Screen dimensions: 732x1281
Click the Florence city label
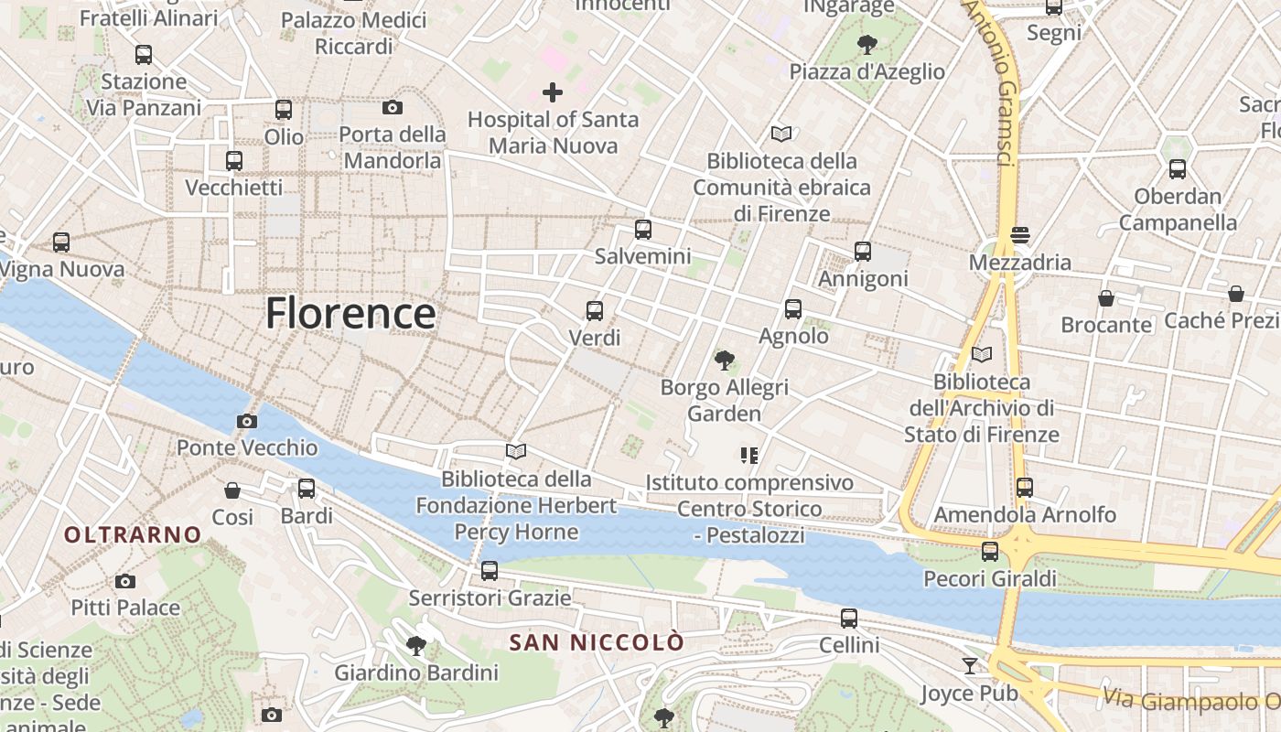click(350, 314)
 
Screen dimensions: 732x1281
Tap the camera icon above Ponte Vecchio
click(246, 422)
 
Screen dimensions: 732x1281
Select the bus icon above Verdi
click(595, 311)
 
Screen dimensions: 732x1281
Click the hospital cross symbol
click(553, 92)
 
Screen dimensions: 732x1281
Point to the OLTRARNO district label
click(133, 534)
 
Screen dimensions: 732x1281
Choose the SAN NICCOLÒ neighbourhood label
click(596, 642)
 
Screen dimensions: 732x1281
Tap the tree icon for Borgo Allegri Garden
click(725, 361)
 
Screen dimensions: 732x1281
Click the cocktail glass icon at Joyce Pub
click(970, 665)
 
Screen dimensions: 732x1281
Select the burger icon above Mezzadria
click(1020, 235)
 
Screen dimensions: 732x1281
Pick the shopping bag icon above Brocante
click(1106, 298)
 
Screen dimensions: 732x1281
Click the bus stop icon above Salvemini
click(643, 230)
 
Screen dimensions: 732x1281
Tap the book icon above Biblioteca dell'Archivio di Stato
click(982, 354)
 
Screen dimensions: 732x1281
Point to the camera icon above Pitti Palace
click(125, 581)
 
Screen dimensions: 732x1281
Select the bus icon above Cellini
click(849, 619)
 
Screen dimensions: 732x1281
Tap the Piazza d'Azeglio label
click(867, 71)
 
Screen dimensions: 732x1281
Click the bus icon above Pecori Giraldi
click(990, 552)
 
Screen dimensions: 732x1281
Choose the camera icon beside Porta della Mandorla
click(393, 108)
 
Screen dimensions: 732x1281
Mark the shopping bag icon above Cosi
click(232, 490)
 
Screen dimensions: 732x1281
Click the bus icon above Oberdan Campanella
click(1178, 169)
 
